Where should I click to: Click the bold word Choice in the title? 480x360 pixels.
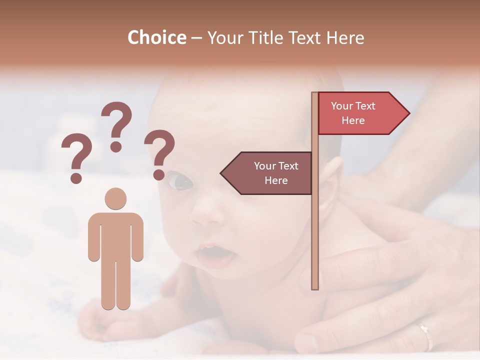point(156,37)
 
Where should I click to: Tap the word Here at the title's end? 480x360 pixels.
point(344,37)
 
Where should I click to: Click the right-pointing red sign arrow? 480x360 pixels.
point(362,113)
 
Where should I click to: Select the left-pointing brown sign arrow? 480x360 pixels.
point(267,173)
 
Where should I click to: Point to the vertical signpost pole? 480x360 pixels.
point(315,225)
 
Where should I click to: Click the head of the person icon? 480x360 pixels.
point(115,198)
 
